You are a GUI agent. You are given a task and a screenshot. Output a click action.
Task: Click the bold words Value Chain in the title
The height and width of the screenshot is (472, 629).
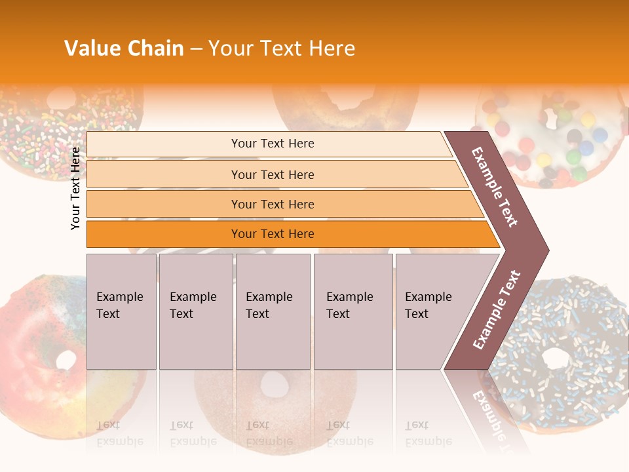[x=124, y=49]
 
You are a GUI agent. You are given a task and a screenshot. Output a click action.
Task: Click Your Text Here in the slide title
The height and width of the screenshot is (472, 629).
[x=282, y=49]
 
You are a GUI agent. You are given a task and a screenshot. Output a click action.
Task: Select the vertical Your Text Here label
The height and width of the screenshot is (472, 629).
[x=76, y=188]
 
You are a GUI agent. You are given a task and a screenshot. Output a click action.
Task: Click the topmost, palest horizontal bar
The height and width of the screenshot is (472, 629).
[x=272, y=144]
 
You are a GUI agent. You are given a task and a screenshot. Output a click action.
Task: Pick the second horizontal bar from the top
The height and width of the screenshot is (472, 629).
[x=272, y=174]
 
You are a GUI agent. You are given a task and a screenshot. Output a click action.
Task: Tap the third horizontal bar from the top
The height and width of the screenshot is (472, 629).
[x=272, y=204]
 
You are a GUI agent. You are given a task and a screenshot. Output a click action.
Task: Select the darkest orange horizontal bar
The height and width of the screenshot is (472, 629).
[x=272, y=234]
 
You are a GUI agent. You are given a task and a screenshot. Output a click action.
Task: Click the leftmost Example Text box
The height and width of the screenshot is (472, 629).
[x=121, y=311]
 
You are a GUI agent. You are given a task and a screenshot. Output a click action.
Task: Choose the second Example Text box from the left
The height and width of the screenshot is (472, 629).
[x=195, y=311]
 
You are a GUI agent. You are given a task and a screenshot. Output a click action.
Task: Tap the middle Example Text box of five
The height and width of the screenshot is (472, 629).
[x=273, y=311]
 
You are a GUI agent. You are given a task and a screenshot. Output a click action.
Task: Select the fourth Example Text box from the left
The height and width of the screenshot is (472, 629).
[x=353, y=311]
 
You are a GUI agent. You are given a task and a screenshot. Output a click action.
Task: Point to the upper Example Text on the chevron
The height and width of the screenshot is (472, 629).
[x=495, y=187]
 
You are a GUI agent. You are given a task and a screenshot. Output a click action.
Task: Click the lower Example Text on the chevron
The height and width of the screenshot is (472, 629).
[x=497, y=309]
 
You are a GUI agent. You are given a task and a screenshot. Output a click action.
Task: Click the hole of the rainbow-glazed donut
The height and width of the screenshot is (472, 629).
[x=66, y=360]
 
